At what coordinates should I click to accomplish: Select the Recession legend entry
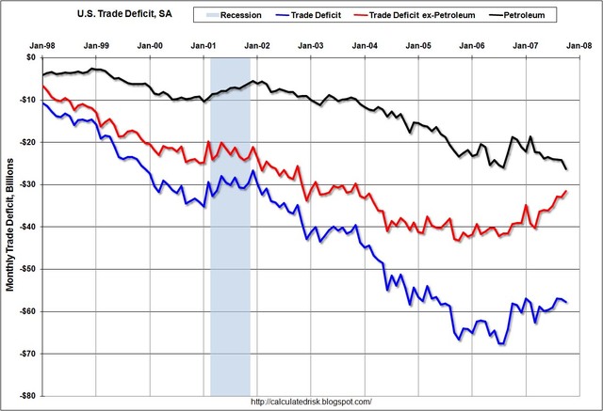point(235,15)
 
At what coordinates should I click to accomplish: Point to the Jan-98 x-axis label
point(41,45)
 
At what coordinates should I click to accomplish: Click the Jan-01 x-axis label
point(204,45)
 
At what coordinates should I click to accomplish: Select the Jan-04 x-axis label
point(368,45)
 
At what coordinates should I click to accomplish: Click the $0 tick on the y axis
point(27,57)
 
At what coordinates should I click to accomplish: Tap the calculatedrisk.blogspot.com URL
point(312,403)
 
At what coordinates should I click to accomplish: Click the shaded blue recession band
point(230,282)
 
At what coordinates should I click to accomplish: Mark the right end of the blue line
point(567,302)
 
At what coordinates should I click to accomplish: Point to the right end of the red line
point(567,191)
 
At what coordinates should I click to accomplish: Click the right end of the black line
point(567,169)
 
